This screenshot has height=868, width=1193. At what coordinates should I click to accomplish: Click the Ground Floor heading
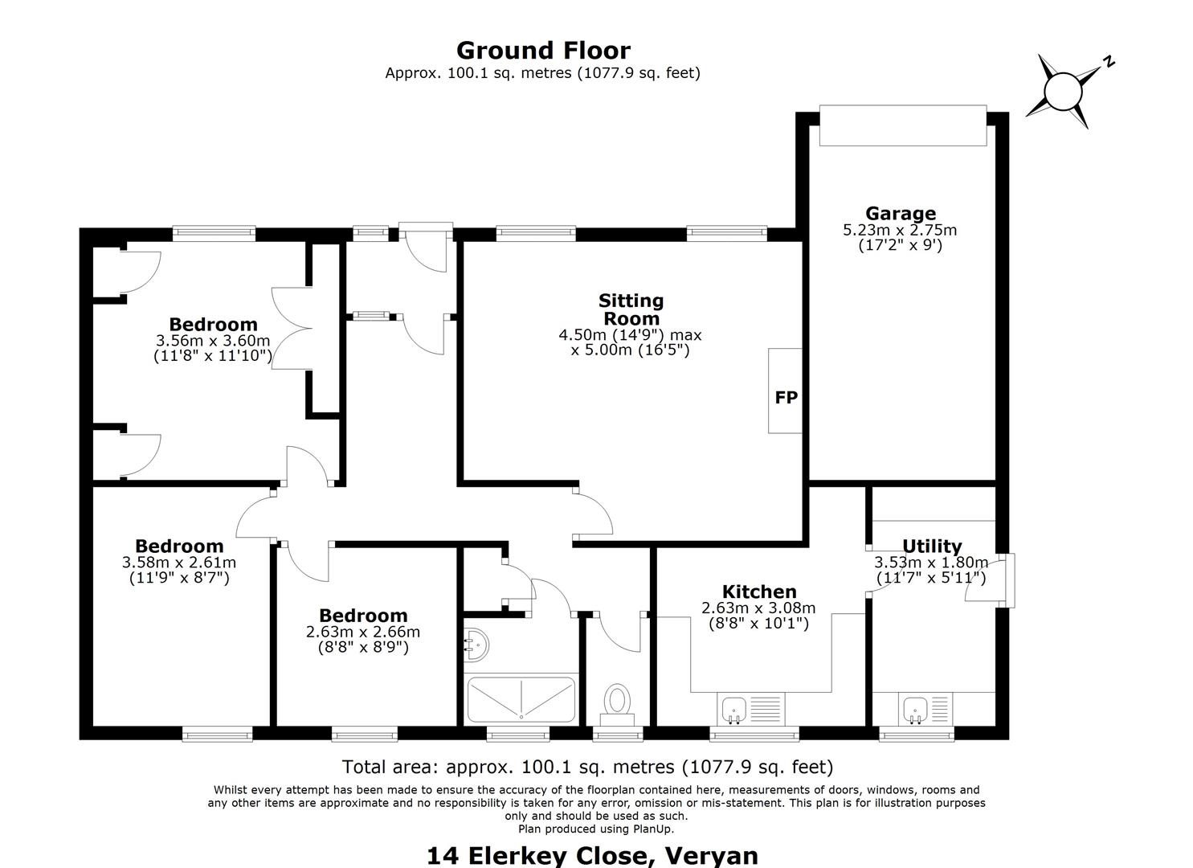pyautogui.click(x=543, y=51)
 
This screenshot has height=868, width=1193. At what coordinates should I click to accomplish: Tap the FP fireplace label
pyautogui.click(x=786, y=398)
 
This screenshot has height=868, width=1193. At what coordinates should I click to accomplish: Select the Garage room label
pyautogui.click(x=901, y=213)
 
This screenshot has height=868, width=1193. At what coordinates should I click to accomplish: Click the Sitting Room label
pyautogui.click(x=631, y=309)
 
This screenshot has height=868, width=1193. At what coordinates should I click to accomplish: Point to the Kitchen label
pyautogui.click(x=759, y=592)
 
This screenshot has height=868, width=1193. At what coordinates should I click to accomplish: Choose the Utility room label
pyautogui.click(x=932, y=547)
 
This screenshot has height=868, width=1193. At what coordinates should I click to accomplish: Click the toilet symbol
pyautogui.click(x=617, y=705)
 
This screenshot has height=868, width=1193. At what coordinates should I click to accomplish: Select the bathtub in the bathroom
pyautogui.click(x=521, y=699)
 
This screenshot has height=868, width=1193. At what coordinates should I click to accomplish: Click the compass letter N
pyautogui.click(x=1109, y=62)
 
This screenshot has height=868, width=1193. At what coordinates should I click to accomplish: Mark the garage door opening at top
pyautogui.click(x=903, y=125)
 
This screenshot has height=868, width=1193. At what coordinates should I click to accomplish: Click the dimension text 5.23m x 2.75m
pyautogui.click(x=900, y=230)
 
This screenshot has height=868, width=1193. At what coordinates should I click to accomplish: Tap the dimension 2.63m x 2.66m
pyautogui.click(x=362, y=632)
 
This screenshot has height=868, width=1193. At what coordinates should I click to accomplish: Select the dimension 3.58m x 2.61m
pyautogui.click(x=179, y=562)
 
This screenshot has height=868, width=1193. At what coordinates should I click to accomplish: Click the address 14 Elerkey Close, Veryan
pyautogui.click(x=592, y=856)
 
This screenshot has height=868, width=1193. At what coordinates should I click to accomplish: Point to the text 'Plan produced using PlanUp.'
pyautogui.click(x=596, y=829)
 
